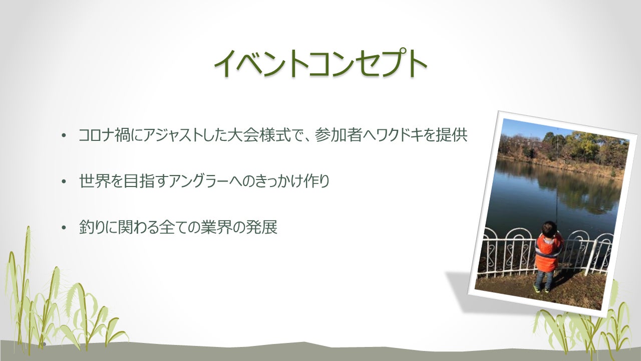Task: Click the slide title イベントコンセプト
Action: tap(320, 64)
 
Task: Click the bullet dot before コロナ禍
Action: tap(64, 136)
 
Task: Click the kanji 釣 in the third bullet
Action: tap(86, 228)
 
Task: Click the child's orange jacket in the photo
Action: tap(547, 254)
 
